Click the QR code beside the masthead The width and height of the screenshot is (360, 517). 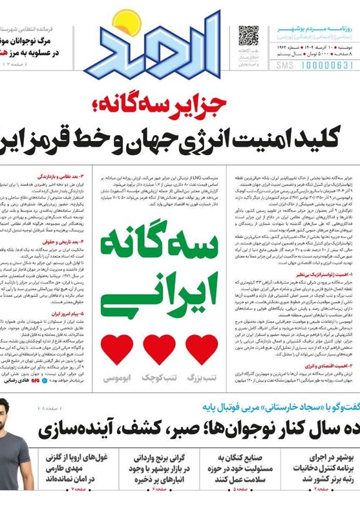coord(248,36)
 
